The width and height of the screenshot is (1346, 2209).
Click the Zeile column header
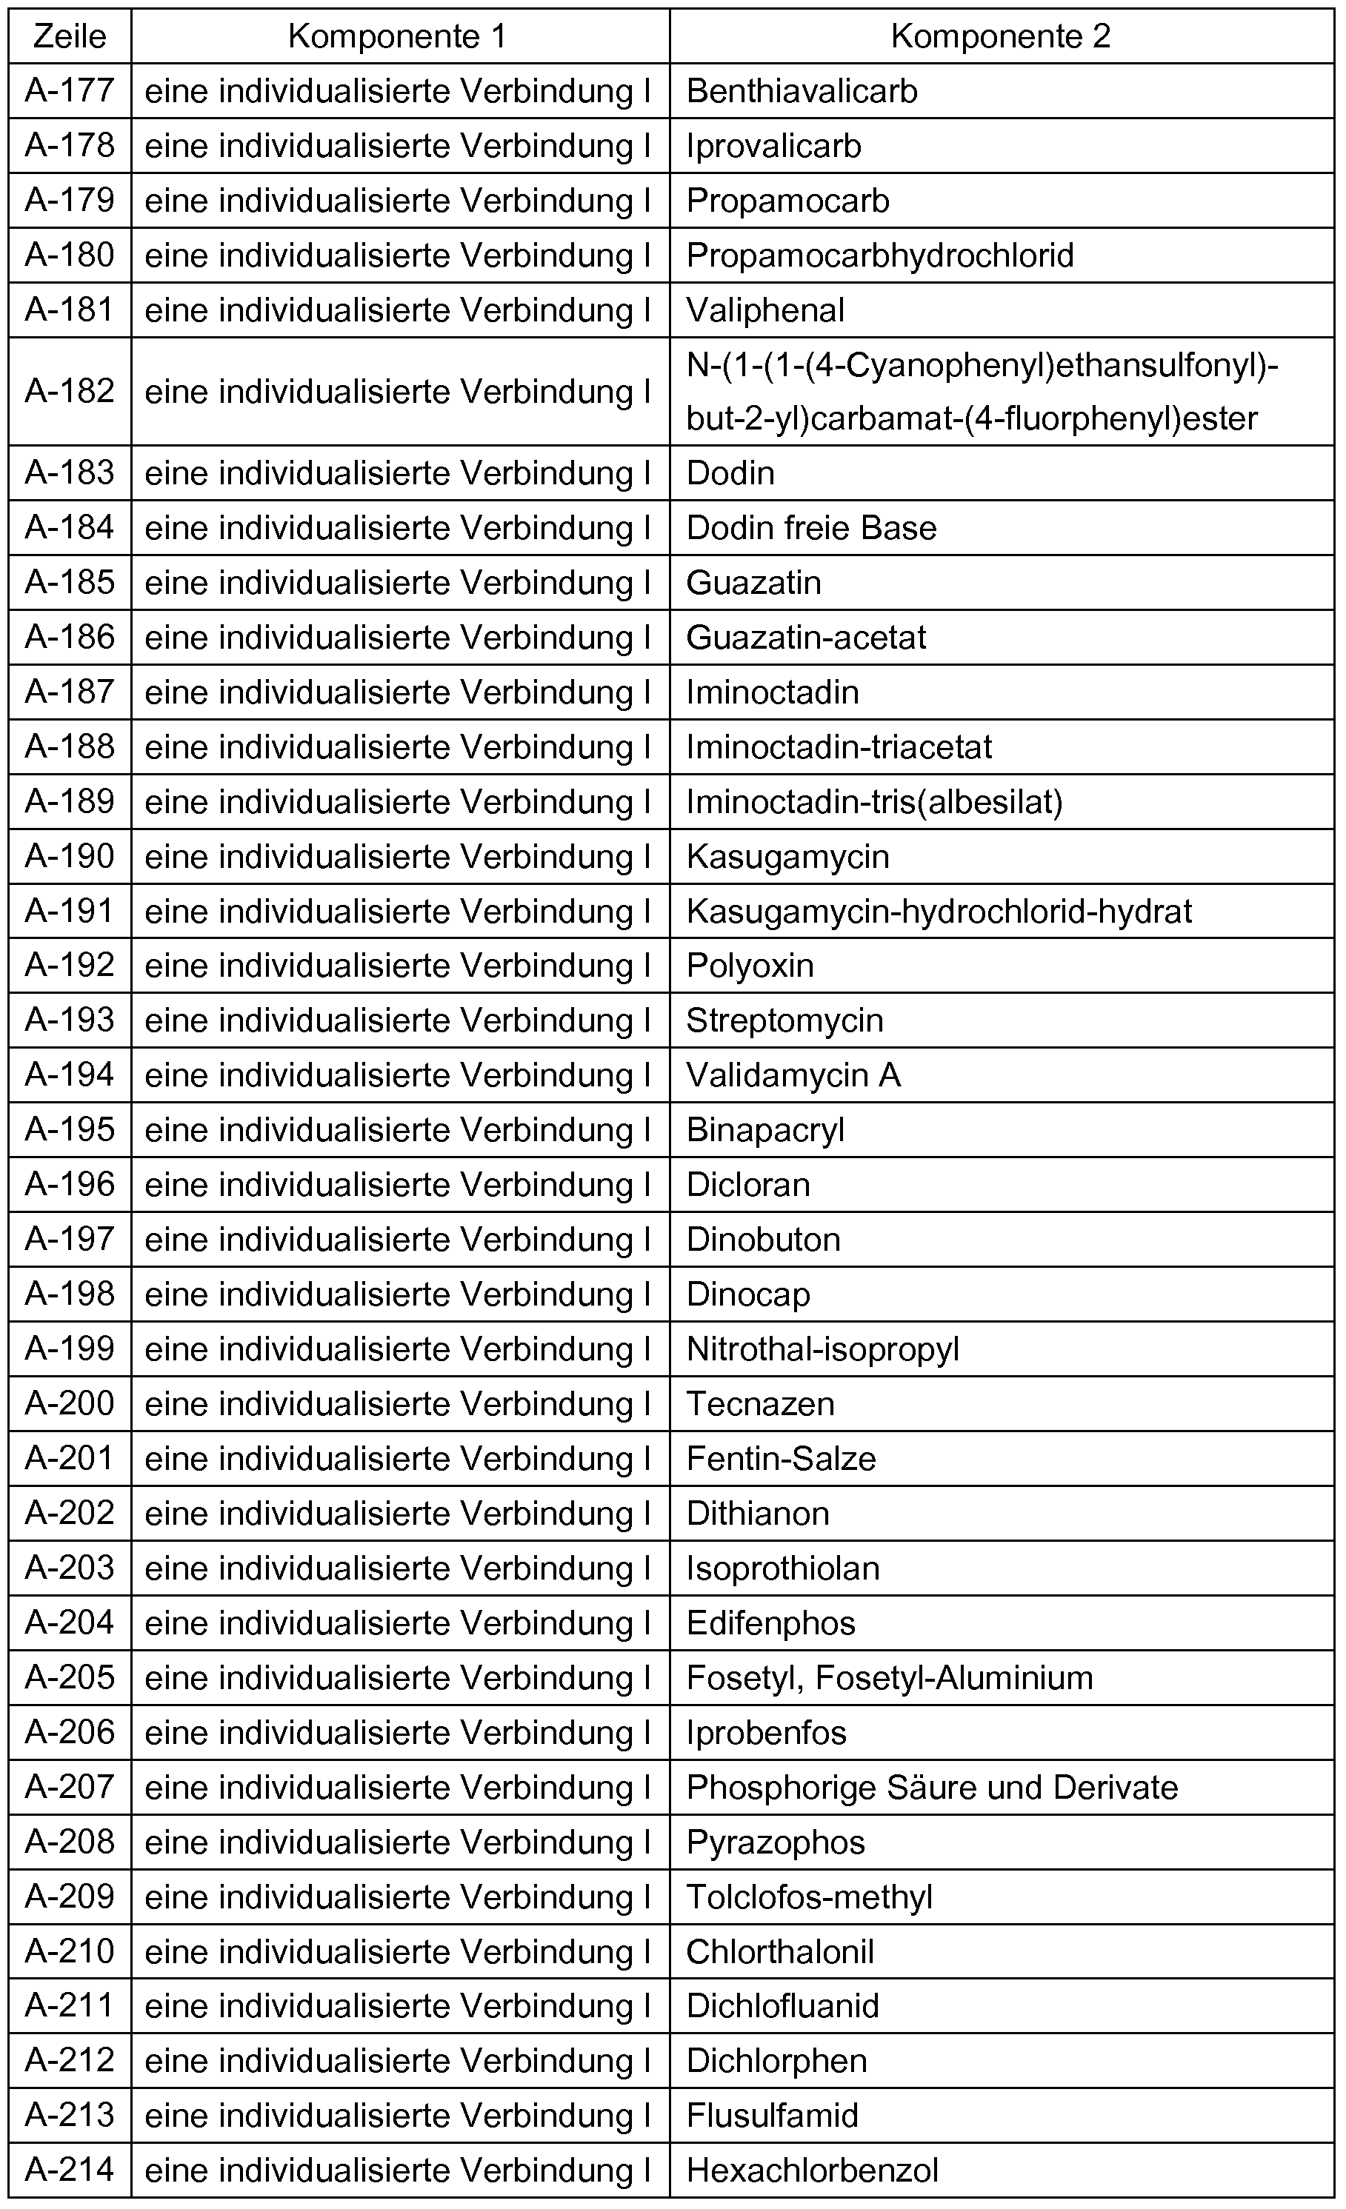tap(70, 37)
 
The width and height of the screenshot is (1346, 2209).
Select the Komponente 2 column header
tap(1001, 37)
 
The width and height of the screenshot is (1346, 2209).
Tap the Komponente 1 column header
tap(398, 37)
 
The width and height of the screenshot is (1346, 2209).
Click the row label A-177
tap(70, 90)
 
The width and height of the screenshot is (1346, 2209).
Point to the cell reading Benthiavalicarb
tap(802, 91)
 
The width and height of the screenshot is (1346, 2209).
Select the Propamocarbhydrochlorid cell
tap(880, 255)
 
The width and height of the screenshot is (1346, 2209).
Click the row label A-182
tap(70, 392)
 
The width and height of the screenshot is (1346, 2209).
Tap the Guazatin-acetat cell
tap(805, 638)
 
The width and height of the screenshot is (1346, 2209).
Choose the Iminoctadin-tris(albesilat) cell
tap(874, 801)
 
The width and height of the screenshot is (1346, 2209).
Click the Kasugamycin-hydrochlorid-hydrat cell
tap(939, 912)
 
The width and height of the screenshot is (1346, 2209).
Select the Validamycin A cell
tap(793, 1075)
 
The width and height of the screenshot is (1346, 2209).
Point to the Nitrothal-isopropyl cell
tap(822, 1349)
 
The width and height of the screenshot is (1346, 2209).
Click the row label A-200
tap(70, 1403)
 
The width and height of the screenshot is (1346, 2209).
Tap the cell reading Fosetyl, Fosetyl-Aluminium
tap(890, 1678)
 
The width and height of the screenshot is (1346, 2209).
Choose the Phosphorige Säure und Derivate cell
tap(932, 1788)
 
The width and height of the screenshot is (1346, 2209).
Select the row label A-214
tap(70, 2170)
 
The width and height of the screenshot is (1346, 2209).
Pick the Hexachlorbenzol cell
tap(812, 2170)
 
